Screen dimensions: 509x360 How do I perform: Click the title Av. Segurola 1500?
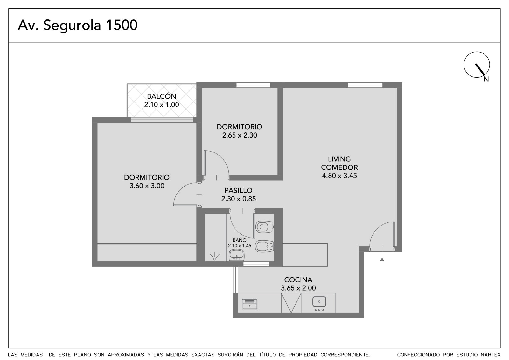[78, 25]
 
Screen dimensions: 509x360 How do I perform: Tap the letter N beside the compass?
[486, 79]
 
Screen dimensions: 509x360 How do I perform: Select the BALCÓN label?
[162, 96]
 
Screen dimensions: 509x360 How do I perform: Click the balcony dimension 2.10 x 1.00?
[162, 105]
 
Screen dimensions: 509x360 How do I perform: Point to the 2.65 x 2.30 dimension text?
[240, 135]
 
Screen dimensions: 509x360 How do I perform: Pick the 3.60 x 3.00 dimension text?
[147, 186]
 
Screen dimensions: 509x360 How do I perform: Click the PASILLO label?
[238, 190]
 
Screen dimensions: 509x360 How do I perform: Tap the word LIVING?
[339, 159]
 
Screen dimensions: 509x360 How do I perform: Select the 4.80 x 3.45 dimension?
[339, 176]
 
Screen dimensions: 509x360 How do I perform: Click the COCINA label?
[298, 279]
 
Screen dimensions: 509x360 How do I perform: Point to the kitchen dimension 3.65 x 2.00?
[298, 288]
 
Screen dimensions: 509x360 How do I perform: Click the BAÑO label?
[239, 240]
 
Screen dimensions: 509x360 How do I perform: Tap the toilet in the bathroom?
[264, 227]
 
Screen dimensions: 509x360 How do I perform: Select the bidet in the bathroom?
[264, 246]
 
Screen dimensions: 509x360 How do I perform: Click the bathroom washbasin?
[237, 255]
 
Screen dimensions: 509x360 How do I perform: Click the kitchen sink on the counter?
[249, 304]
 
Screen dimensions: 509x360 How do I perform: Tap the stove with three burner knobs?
[319, 304]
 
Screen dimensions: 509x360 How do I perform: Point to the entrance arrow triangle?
[382, 259]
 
